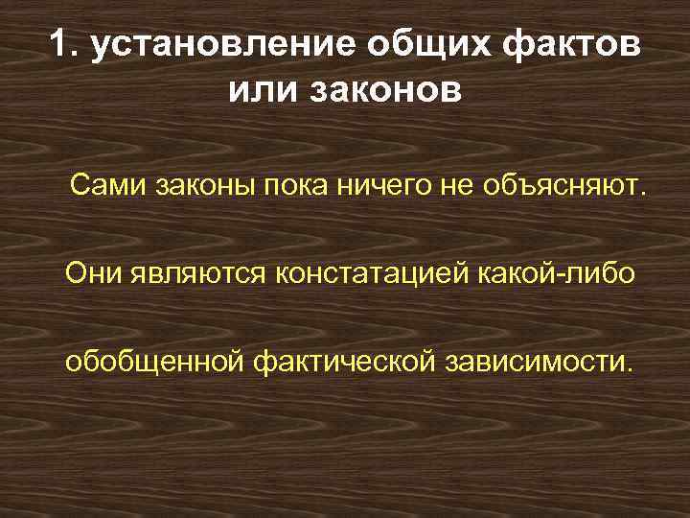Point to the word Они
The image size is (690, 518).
coord(92,273)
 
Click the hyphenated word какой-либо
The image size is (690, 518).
coord(555,273)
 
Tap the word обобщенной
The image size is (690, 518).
coord(155,364)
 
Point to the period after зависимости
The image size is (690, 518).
coord(631,370)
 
